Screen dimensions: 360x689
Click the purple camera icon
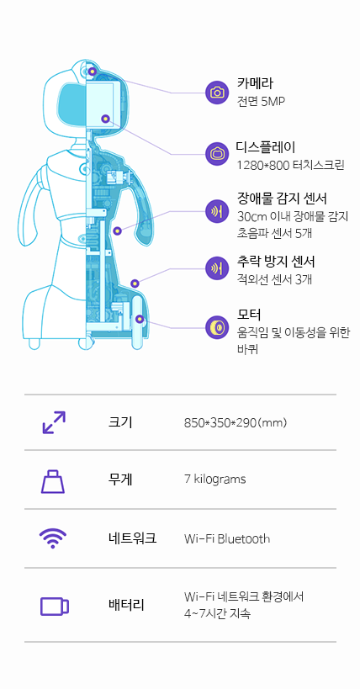point(217,93)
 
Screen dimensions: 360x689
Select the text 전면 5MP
point(261,102)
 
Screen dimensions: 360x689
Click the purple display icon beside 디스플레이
point(217,154)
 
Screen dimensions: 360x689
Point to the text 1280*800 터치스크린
point(290,165)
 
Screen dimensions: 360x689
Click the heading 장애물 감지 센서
point(282,199)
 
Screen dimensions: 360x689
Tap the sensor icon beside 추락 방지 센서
point(217,268)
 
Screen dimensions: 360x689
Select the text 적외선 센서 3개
point(274,279)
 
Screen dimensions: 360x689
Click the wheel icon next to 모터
point(217,327)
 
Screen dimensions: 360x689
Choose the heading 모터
point(249,315)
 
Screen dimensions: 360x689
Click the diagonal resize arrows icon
point(54,422)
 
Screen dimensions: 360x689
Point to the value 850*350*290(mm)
point(236,423)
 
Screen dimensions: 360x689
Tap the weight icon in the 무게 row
point(53,481)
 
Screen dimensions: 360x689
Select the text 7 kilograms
point(215,479)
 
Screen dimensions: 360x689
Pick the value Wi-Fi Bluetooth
point(227,538)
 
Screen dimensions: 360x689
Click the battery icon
point(55,607)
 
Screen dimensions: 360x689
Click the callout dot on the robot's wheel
point(140,319)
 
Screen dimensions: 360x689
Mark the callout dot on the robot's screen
point(105,119)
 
